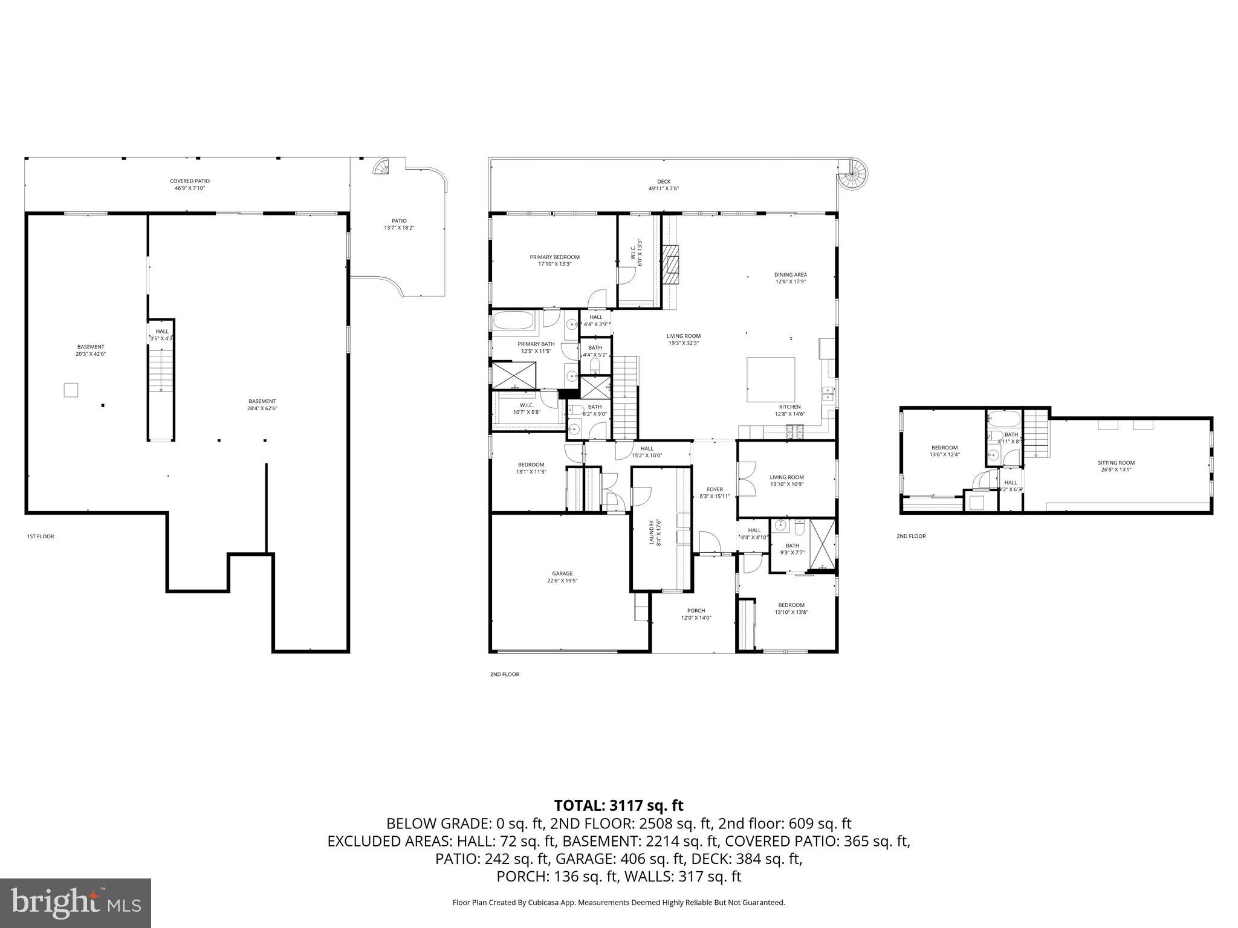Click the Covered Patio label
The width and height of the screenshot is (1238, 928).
click(189, 181)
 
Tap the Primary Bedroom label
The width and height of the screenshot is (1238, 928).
click(554, 257)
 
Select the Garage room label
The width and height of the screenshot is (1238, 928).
click(562, 574)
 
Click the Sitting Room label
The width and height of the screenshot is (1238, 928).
click(1116, 463)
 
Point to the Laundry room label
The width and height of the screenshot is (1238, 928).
click(652, 532)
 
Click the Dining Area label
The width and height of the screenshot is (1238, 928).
click(790, 275)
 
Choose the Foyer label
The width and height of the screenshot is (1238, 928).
click(715, 489)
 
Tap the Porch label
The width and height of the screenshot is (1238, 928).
click(696, 611)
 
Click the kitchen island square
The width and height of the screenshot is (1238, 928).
click(771, 379)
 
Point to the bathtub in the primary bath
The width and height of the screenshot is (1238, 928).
click(514, 320)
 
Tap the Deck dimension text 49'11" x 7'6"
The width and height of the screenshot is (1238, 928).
click(664, 188)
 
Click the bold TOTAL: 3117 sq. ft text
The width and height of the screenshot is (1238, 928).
click(618, 805)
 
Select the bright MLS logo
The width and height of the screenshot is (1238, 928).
click(76, 903)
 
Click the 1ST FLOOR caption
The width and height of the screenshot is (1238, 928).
click(41, 536)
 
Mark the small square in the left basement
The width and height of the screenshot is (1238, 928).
click(71, 390)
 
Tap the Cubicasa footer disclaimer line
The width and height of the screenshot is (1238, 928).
click(618, 903)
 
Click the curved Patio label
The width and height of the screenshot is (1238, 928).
click(399, 221)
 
